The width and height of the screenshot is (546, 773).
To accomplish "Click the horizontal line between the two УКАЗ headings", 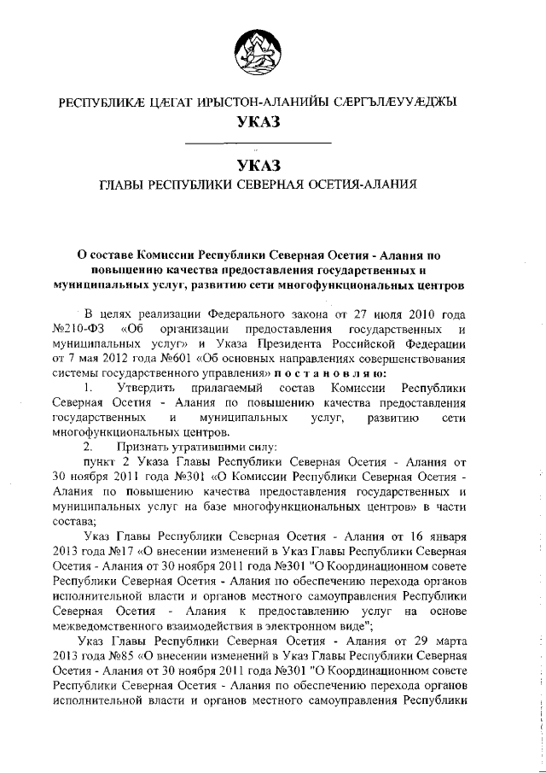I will [258, 142].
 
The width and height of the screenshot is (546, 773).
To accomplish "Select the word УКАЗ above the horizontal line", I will [258, 123].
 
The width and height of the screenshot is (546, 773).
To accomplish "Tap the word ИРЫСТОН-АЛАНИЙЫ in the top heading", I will [241, 102].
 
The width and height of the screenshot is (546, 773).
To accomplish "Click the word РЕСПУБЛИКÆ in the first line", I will [96, 102].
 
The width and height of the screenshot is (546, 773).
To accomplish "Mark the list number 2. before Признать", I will [86, 445].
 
